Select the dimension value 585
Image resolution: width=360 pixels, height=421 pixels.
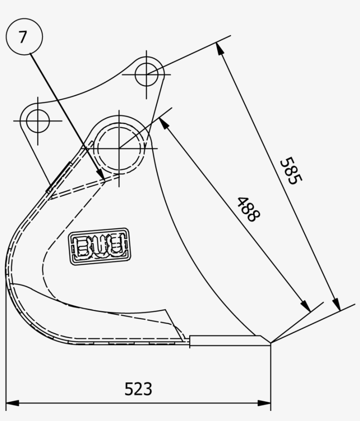291,171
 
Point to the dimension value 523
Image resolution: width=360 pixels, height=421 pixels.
138,389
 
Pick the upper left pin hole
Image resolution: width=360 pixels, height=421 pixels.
37,119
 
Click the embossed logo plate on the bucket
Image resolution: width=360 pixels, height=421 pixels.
100,246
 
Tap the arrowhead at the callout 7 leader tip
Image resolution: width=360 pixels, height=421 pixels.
102,176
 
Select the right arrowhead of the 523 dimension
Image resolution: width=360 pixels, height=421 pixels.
266,402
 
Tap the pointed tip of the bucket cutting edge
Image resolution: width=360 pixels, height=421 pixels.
270,343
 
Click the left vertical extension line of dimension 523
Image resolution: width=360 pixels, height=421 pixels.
6,351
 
